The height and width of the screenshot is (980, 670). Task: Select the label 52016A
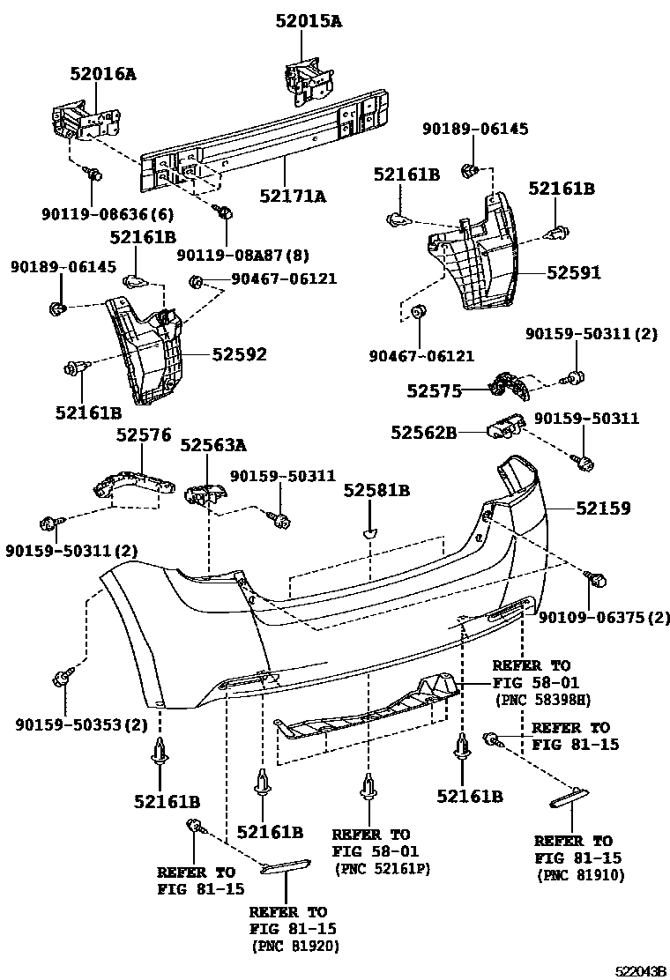(x=103, y=75)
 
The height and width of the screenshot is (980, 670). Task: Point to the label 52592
(x=239, y=354)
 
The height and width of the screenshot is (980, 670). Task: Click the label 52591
(x=573, y=273)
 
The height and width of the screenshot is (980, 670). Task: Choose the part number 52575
(x=435, y=390)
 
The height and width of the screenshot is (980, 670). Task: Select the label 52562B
(x=425, y=432)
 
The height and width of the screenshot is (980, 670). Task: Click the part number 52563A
(x=213, y=445)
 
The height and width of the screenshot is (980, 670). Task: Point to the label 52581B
(x=377, y=491)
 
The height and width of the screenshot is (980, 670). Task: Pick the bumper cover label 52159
(x=604, y=509)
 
